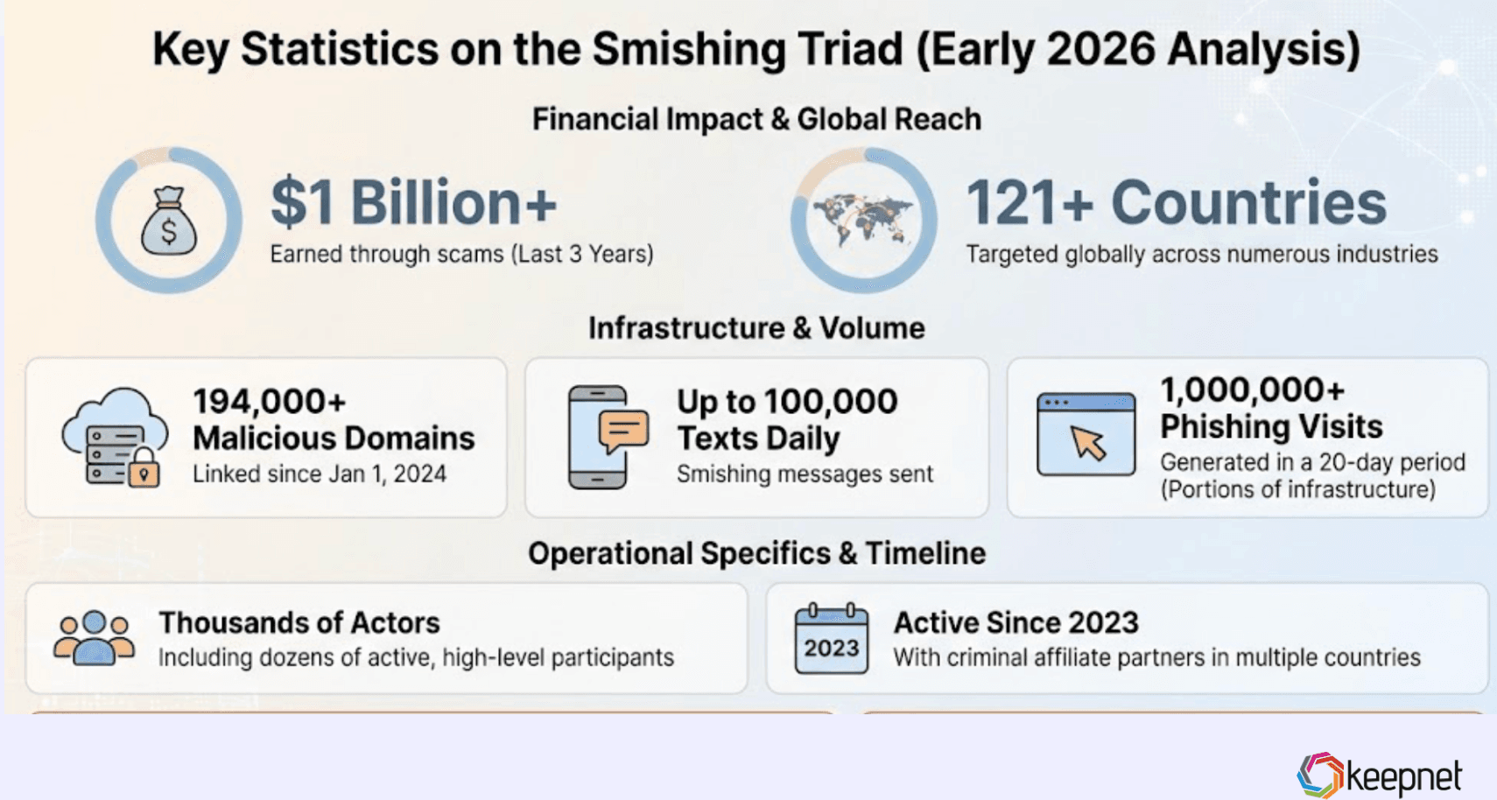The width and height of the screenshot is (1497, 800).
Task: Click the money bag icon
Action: point(169,221)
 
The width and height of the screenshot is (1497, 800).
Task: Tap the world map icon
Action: point(863,220)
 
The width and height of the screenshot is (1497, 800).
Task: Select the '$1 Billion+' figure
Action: point(413,203)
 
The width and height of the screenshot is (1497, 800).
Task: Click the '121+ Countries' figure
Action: point(1176,203)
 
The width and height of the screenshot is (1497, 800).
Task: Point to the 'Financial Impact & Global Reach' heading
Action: point(756,119)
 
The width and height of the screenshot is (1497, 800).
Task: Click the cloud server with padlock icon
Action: point(115,437)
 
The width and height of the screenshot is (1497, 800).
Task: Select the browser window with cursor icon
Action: point(1086,434)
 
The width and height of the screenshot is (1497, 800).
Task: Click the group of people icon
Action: point(94,637)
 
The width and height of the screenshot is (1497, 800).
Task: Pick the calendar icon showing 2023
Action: point(831,639)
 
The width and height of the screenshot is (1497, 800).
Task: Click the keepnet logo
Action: point(1380,775)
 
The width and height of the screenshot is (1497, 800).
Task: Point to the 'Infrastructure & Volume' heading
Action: point(756,328)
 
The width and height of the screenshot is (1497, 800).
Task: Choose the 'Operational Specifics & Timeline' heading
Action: point(756,553)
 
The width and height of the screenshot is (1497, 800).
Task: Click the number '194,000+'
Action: point(270,402)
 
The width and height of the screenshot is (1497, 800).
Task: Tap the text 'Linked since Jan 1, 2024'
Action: point(320,474)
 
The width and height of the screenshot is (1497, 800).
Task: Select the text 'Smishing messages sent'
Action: point(805,474)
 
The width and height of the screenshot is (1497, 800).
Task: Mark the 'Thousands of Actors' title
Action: point(299,622)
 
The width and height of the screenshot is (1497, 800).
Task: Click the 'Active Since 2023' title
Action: point(1016,622)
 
